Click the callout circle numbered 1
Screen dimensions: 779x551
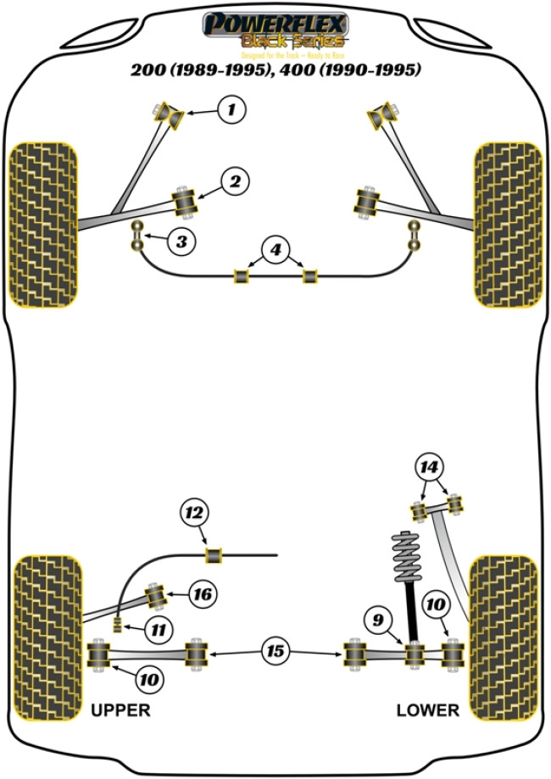pos(233,109)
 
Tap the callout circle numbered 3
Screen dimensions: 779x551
pos(181,242)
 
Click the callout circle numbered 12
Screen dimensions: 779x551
pos(193,513)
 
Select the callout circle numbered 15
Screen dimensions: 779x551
pos(275,652)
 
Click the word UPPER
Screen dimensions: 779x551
pos(120,709)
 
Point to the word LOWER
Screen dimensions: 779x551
pos(427,709)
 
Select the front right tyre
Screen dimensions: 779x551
pos(507,224)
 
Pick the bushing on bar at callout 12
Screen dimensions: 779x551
pos(215,555)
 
